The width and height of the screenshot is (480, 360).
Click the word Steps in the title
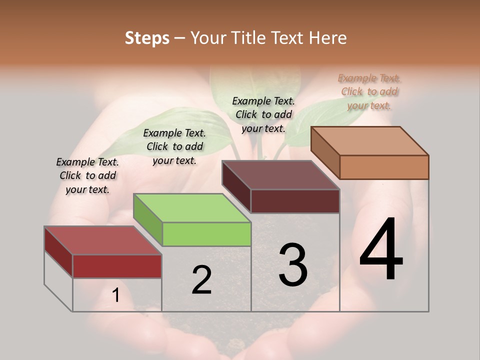tap(147, 38)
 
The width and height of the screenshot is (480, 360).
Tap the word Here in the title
tap(327, 38)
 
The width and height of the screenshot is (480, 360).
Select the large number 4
tap(381, 250)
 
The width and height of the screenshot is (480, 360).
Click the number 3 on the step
tap(293, 264)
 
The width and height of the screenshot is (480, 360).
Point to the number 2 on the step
tap(201, 280)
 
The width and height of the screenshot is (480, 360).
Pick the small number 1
tap(115, 295)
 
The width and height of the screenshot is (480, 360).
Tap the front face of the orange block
tap(384, 167)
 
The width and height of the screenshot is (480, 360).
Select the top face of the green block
tap(192, 208)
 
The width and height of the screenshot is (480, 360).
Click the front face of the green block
tap(206, 234)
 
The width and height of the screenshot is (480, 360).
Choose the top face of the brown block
tap(280, 175)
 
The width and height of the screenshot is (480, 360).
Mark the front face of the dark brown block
tap(295, 201)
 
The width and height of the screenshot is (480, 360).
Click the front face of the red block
tap(117, 266)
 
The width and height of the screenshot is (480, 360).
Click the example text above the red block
tap(87, 176)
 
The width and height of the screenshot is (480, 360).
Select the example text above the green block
tap(174, 146)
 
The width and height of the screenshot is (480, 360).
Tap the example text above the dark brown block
tap(263, 114)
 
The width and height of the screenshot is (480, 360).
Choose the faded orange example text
tap(369, 91)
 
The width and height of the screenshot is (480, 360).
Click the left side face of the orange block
tap(325, 152)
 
